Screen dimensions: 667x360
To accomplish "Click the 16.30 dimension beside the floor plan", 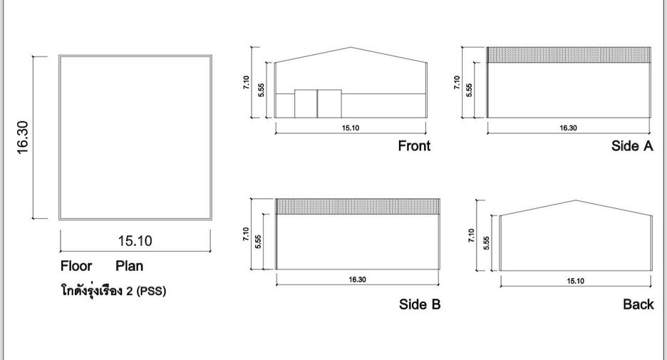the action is (x=23, y=137).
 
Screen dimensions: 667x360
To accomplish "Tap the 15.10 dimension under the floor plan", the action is (x=135, y=241).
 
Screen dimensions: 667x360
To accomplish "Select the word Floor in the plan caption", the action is (x=76, y=267).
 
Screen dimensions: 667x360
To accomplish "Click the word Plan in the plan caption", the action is (x=129, y=267).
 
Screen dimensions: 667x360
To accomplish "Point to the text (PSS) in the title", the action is (x=151, y=291).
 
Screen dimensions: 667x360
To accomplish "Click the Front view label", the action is (x=414, y=146).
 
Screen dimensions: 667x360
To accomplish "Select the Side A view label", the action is (x=632, y=146).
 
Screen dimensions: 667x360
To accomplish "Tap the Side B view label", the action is (x=420, y=304).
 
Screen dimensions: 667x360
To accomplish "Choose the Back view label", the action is (x=638, y=304).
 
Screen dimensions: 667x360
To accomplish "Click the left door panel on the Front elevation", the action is (x=306, y=103).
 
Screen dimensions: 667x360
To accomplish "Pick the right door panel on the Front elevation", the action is (x=330, y=103).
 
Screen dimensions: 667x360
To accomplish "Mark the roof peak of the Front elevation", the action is (x=351, y=47).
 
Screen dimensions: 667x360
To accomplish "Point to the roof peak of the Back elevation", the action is (x=576, y=200).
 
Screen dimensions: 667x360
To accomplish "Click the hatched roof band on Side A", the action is (x=569, y=55).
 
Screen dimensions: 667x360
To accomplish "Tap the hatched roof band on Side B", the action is (x=358, y=207).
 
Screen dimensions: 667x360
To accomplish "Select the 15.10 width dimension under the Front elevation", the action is (x=351, y=128).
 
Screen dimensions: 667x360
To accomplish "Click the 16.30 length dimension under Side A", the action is (x=569, y=128).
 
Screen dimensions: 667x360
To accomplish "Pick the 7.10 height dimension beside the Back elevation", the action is (x=471, y=235).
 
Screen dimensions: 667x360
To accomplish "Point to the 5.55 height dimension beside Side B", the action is (x=258, y=241).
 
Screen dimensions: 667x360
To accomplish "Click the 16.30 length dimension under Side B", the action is (x=357, y=279).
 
